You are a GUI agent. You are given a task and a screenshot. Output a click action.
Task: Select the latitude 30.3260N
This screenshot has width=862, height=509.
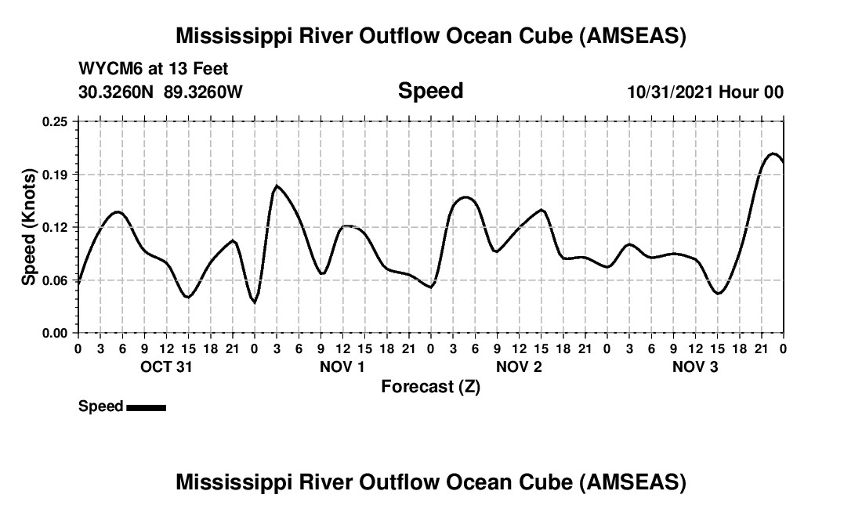[118, 92]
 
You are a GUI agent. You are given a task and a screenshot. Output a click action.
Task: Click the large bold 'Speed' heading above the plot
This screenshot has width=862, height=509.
[430, 91]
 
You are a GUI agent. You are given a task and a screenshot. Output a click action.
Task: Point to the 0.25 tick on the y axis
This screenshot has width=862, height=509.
[55, 121]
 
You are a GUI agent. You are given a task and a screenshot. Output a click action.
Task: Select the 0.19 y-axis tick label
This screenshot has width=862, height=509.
[55, 174]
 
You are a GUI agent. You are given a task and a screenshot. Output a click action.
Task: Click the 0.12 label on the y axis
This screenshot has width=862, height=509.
[55, 227]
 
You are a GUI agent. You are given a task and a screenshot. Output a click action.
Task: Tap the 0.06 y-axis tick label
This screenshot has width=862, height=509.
[55, 280]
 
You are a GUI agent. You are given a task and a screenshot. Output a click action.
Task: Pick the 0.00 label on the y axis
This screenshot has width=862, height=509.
[55, 333]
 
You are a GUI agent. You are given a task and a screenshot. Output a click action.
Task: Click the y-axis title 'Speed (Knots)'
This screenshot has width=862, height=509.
[29, 226]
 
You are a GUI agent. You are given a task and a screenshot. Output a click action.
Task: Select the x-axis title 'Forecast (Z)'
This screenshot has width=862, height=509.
[430, 386]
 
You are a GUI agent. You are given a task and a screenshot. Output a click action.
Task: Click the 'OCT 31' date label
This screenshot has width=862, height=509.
[166, 367]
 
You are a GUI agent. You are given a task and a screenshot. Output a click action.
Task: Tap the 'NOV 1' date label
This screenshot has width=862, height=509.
[342, 367]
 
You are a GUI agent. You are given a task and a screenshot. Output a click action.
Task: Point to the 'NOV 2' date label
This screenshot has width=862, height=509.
[519, 367]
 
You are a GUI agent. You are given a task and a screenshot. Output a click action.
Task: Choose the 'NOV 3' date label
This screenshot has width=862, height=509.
[695, 367]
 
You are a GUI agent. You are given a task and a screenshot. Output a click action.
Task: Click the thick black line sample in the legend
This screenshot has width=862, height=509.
[146, 407]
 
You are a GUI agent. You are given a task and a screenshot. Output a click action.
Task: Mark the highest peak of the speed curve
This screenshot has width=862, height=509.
[773, 153]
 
